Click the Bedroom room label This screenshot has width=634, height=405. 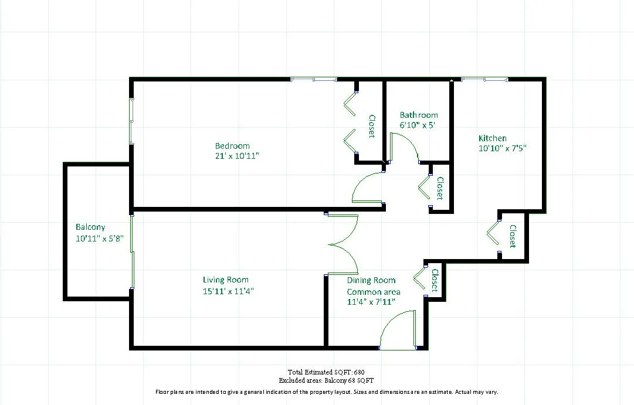pyautogui.click(x=232, y=146)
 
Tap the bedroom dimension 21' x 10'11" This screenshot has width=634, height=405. pyautogui.click(x=237, y=156)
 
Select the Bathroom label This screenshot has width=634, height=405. pyautogui.click(x=419, y=115)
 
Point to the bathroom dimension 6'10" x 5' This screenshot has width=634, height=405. pyautogui.click(x=417, y=125)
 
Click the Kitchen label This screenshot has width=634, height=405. pyautogui.click(x=493, y=138)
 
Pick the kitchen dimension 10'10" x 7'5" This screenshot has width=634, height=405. pyautogui.click(x=503, y=148)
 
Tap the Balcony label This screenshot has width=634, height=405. pyautogui.click(x=90, y=227)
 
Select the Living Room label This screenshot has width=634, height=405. pyautogui.click(x=226, y=280)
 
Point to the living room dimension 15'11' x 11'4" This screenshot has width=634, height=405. pyautogui.click(x=228, y=291)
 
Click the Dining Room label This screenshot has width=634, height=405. pyautogui.click(x=371, y=280)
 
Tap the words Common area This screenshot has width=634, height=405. pyautogui.click(x=374, y=292)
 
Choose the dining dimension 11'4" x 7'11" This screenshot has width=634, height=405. pyautogui.click(x=371, y=302)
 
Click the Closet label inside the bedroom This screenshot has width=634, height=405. pyautogui.click(x=371, y=126)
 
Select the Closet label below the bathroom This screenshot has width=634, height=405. pyautogui.click(x=439, y=189)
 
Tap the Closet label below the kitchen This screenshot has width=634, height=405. pyautogui.click(x=512, y=236)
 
